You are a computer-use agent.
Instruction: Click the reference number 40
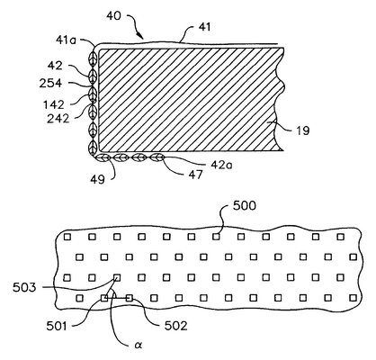[x=113, y=16]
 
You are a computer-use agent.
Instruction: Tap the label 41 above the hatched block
[x=204, y=27]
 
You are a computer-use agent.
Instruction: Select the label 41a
[x=66, y=40]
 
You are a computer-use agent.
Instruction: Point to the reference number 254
[x=50, y=83]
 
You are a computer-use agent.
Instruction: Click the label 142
[x=54, y=104]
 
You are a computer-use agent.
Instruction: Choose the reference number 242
[x=58, y=119]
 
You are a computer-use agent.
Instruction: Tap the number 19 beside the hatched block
[x=303, y=130]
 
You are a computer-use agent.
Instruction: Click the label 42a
[x=221, y=165]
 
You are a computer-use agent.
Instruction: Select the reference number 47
[x=195, y=175]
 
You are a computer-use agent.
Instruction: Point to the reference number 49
[x=98, y=179]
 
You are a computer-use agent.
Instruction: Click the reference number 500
[x=245, y=206]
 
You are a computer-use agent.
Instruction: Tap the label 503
[x=24, y=287]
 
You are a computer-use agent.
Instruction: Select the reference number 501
[x=57, y=326]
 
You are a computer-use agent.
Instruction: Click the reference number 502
[x=175, y=326]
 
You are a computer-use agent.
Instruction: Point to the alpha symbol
[x=138, y=346]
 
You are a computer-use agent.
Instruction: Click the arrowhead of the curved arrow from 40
[x=141, y=36]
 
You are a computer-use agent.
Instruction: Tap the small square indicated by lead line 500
[x=216, y=237]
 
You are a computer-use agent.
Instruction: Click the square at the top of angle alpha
[x=117, y=277]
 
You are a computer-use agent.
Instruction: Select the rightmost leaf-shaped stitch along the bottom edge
[x=157, y=157]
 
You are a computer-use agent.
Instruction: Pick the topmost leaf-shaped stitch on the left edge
[x=93, y=57]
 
